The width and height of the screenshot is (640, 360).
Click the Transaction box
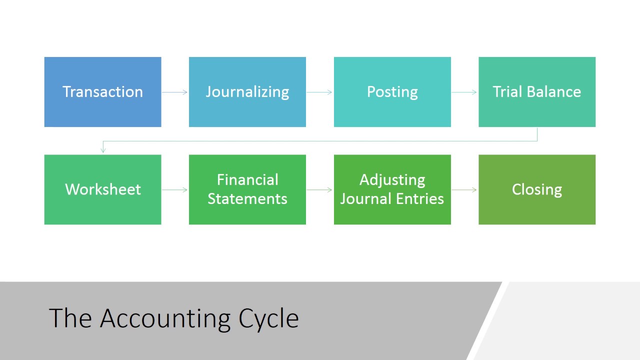click(102, 92)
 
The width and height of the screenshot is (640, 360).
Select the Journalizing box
click(247, 92)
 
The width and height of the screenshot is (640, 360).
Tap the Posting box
click(392, 92)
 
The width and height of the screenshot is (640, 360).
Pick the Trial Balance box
click(537, 92)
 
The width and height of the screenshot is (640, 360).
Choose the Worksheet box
click(102, 189)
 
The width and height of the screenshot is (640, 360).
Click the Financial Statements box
click(247, 189)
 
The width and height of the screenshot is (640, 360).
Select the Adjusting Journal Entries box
click(392, 189)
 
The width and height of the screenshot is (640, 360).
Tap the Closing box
click(537, 189)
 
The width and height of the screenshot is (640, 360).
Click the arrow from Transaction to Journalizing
click(175, 92)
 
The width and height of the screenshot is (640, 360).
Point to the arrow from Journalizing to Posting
click(320, 92)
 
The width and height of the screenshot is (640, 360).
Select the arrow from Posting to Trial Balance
click(464, 92)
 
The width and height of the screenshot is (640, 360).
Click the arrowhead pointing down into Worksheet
click(103, 149)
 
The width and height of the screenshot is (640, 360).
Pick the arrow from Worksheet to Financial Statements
click(175, 189)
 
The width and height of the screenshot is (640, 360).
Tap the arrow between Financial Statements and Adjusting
click(320, 189)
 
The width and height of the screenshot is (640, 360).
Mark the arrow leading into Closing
click(464, 189)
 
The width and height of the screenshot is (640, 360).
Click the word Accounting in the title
click(165, 318)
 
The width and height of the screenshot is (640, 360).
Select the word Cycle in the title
click(268, 318)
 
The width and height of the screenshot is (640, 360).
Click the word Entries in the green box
click(419, 198)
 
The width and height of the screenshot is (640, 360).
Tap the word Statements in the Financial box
click(247, 198)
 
